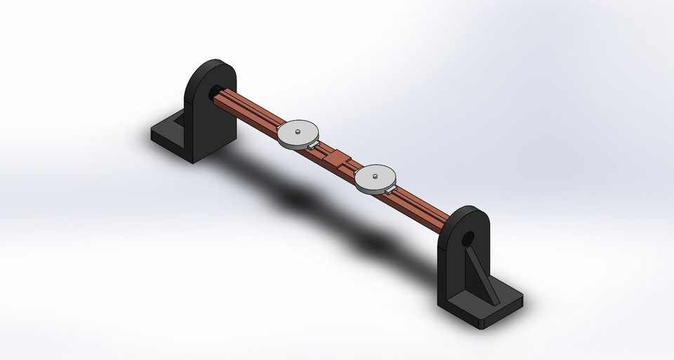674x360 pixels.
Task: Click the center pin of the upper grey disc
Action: point(298,130)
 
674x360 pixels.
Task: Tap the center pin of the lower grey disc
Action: point(376,175)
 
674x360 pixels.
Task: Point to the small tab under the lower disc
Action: point(390,188)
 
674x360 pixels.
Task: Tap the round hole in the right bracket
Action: point(468,240)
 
